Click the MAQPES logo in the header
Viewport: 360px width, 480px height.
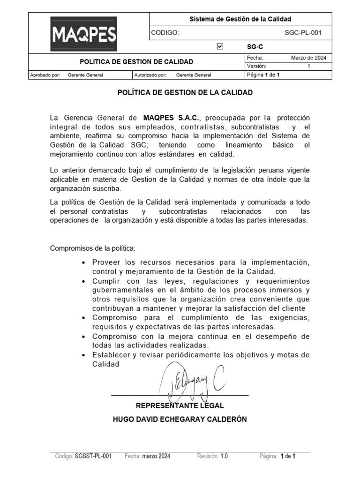[x=84, y=34]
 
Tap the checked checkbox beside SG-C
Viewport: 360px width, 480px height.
[x=220, y=46]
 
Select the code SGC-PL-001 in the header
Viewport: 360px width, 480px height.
[x=303, y=33]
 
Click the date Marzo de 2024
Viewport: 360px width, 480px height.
[x=308, y=58]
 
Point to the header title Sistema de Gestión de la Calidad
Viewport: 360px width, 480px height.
[x=240, y=19]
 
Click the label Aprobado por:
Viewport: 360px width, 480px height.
[x=45, y=75]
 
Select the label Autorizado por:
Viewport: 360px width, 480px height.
[x=150, y=75]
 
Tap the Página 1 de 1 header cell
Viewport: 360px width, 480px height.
[x=263, y=75]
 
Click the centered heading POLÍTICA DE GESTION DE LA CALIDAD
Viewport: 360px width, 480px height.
[x=185, y=92]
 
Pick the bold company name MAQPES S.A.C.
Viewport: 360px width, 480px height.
[x=172, y=117]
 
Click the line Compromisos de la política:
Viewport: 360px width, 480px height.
[x=92, y=247]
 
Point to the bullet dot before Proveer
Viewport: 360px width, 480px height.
[x=83, y=262]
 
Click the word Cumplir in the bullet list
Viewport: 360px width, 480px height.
[x=106, y=281]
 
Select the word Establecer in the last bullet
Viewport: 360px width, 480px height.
[x=110, y=355]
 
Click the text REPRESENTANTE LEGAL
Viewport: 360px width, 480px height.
[x=180, y=405]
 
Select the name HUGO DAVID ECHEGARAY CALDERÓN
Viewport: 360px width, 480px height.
[x=180, y=419]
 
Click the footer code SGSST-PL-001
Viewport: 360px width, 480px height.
[x=93, y=456]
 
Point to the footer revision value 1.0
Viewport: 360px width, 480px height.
[x=224, y=456]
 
